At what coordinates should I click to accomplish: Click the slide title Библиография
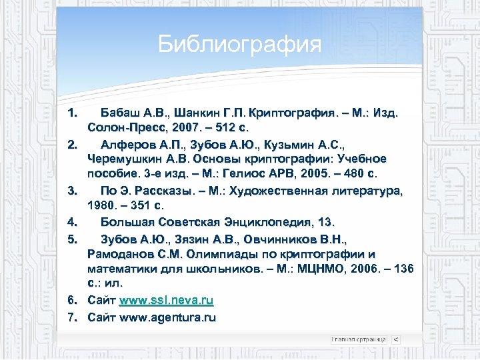pyautogui.click(x=240, y=45)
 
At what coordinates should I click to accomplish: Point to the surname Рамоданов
pyautogui.click(x=121, y=254)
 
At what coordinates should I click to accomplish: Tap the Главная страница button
pyautogui.click(x=359, y=339)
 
